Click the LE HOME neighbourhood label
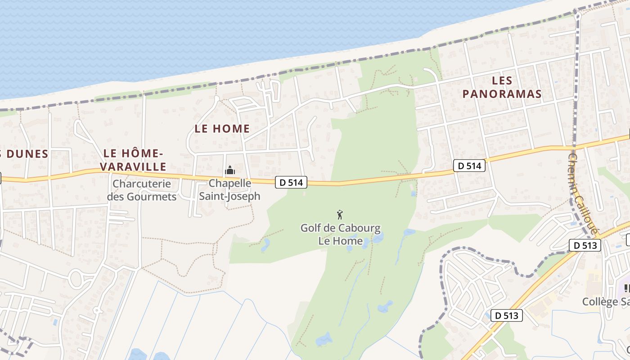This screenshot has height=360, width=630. coord(222,128)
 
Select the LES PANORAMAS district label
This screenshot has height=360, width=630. coord(502,87)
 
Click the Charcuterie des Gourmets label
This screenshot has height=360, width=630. coord(142,190)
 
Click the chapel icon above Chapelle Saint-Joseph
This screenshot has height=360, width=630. coord(230,171)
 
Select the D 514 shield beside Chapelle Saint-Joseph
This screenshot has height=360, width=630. coord(291,182)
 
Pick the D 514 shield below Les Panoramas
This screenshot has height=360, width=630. coord(469,166)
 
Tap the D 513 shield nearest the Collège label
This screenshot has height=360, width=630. coord(507,315)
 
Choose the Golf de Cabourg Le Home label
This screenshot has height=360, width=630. coord(340,234)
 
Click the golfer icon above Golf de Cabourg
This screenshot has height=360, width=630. coord(340,215)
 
